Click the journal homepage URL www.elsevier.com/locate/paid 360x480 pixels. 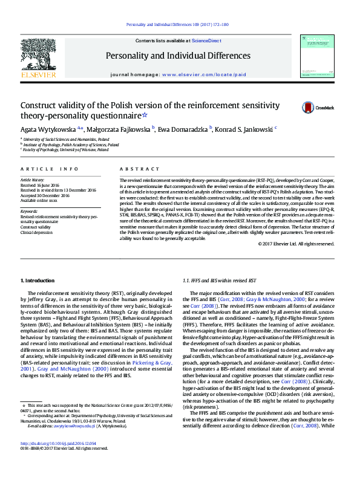204,74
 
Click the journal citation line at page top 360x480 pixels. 177,25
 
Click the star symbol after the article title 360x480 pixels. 128,115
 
